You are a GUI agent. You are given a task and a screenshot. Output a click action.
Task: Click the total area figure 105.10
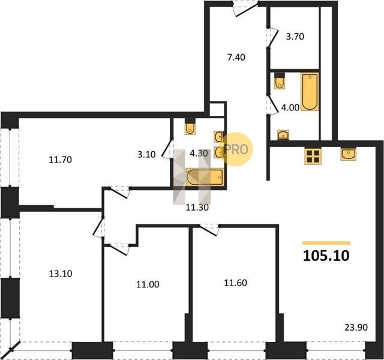click(x=326, y=256)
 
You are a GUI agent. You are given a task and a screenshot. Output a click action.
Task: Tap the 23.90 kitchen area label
click(x=356, y=327)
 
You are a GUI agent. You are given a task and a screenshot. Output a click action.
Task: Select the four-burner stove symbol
click(x=313, y=157)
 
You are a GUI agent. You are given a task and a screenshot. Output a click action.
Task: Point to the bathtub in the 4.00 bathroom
click(x=310, y=92)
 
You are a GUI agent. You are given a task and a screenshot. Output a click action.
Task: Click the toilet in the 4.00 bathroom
click(x=280, y=80)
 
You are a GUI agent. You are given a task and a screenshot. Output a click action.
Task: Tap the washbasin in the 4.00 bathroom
click(x=283, y=135)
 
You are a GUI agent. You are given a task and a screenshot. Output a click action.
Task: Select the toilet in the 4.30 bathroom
click(x=190, y=127)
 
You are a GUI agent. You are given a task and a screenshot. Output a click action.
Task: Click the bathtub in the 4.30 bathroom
click(x=205, y=177)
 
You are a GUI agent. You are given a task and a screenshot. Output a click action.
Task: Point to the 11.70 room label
click(x=60, y=160)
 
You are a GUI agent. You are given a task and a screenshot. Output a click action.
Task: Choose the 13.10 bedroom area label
click(x=61, y=274)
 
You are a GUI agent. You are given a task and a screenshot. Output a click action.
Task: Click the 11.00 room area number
click(x=148, y=284)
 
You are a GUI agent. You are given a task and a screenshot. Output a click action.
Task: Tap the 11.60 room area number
click(x=236, y=283)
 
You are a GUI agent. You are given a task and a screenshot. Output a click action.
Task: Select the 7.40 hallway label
click(x=236, y=58)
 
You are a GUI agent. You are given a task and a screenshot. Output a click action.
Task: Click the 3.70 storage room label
click(x=295, y=37)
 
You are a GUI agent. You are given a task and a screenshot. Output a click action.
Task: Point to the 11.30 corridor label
click(x=197, y=208)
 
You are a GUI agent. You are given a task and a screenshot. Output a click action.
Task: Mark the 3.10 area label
click(x=146, y=155)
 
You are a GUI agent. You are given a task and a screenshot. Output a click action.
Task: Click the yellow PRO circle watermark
click(x=236, y=149)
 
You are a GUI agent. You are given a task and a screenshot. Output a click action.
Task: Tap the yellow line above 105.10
click(x=326, y=243)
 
